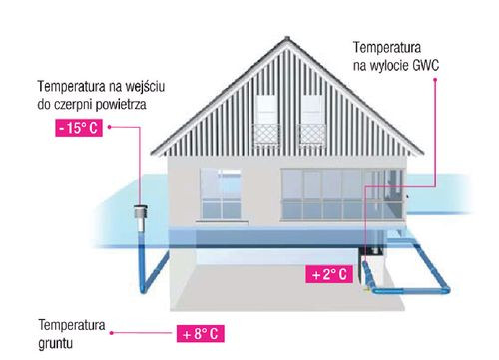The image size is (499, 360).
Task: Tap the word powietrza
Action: pyautogui.click(x=136, y=104)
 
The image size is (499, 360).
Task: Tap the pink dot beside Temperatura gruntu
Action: pyautogui.click(x=114, y=332)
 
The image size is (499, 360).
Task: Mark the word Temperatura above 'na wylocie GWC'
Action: pyautogui.click(x=390, y=48)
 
